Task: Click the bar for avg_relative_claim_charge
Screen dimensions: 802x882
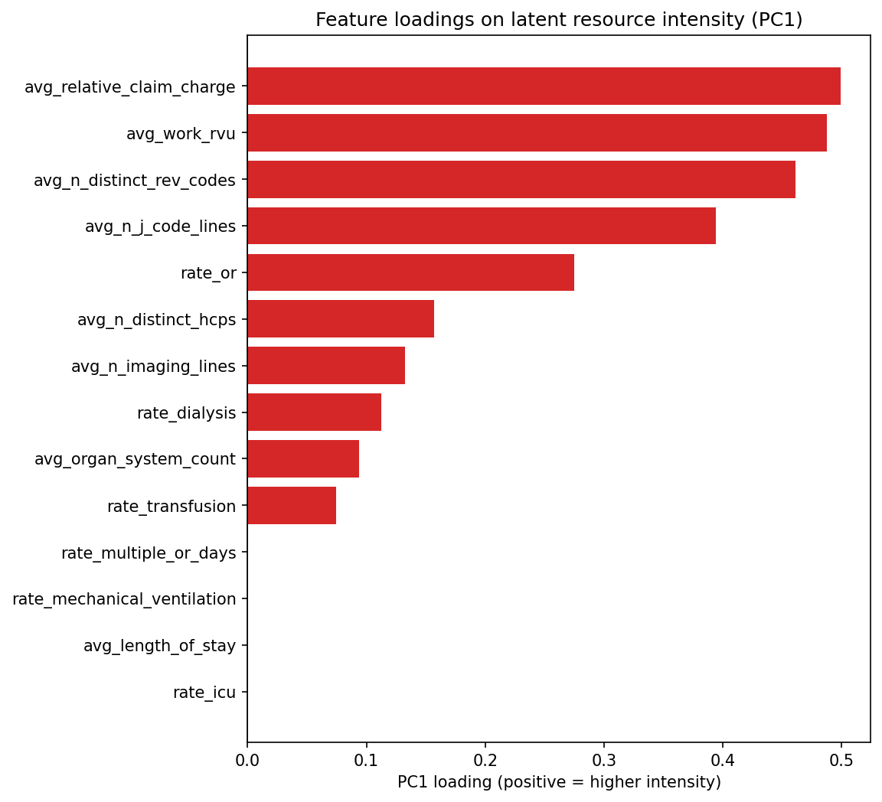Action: pyautogui.click(x=544, y=86)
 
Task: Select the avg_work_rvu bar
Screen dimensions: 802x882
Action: pyautogui.click(x=537, y=132)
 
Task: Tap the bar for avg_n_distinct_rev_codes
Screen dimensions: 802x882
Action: pyautogui.click(x=521, y=179)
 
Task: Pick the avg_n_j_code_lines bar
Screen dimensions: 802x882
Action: pyautogui.click(x=482, y=226)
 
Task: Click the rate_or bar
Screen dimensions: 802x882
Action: pyautogui.click(x=410, y=272)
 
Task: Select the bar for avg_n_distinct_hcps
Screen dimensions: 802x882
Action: pyautogui.click(x=341, y=319)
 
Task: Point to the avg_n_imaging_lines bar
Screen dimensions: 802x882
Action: pyautogui.click(x=326, y=366)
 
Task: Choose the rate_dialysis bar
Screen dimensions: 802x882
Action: pyautogui.click(x=314, y=412)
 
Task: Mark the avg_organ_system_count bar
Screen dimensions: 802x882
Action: pyautogui.click(x=303, y=459)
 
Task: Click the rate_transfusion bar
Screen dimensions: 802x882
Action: pyautogui.click(x=292, y=506)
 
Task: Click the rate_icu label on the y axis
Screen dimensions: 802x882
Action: pyautogui.click(x=204, y=693)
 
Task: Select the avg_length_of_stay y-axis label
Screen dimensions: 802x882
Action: pyautogui.click(x=159, y=646)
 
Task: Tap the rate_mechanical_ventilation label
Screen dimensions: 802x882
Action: pyautogui.click(x=124, y=599)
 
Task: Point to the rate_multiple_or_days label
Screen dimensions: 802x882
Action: pyautogui.click(x=149, y=553)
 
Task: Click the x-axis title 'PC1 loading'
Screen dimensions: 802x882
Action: pyautogui.click(x=559, y=782)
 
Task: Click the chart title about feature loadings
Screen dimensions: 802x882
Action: pyautogui.click(x=559, y=20)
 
